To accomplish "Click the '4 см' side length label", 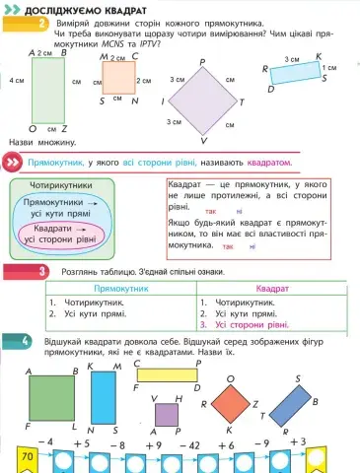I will (16, 79).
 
